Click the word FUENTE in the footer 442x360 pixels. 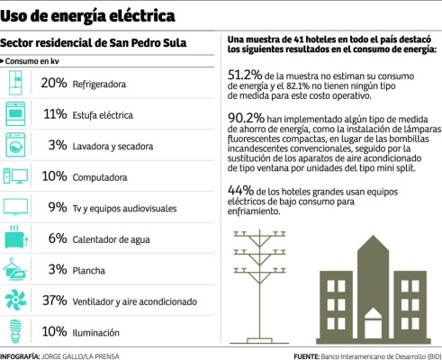pyautogui.click(x=306, y=355)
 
